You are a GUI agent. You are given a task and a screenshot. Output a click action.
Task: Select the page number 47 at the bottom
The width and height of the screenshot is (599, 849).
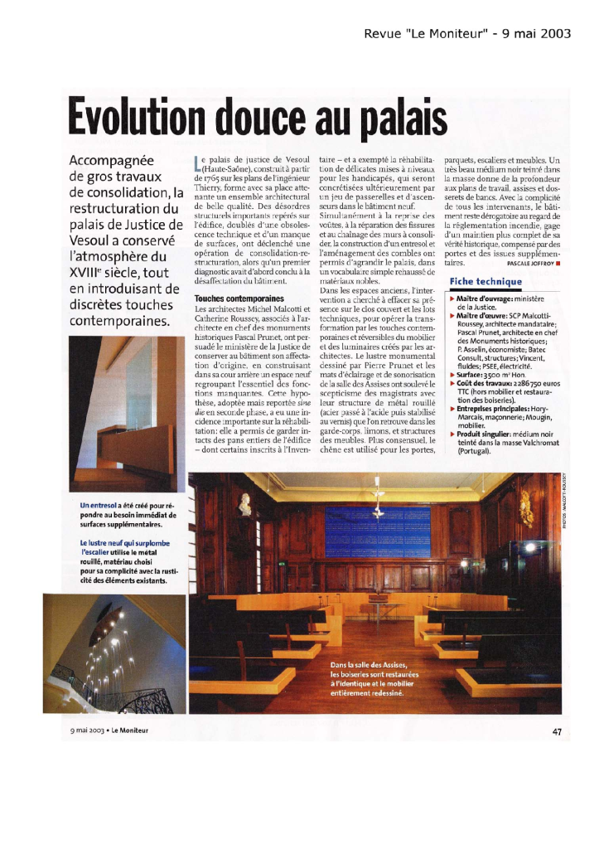tap(556, 730)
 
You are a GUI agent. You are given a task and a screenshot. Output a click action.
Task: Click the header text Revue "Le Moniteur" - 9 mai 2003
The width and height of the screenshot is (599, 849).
tap(479, 34)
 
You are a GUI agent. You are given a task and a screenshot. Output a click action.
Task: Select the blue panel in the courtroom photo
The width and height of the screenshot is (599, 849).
tap(378, 531)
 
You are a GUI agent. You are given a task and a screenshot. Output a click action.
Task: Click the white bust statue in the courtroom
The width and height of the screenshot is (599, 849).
tap(245, 503)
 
